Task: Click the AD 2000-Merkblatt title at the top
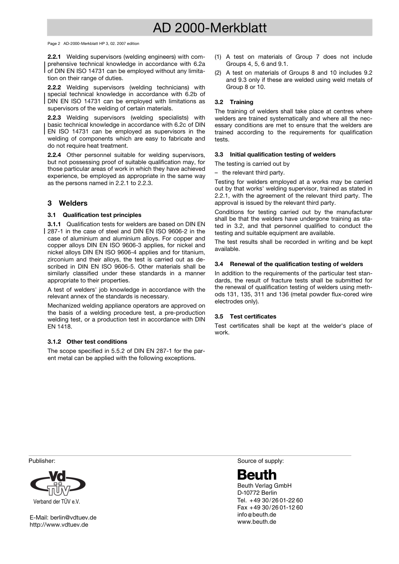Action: tap(210, 28)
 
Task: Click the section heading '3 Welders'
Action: tap(68, 203)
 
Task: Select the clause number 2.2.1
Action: tap(54, 57)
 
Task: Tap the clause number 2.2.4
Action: tap(54, 155)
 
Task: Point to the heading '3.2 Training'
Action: tap(234, 102)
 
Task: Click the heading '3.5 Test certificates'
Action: tap(245, 316)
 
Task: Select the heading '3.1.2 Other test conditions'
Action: tap(87, 342)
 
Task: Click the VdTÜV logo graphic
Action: tap(58, 483)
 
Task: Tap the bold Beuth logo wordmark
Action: tap(257, 475)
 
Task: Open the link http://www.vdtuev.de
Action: tap(59, 525)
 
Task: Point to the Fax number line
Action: tap(270, 507)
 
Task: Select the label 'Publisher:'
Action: tap(42, 461)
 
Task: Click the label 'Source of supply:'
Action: tap(260, 461)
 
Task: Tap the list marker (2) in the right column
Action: tap(218, 73)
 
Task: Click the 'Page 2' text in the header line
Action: tap(54, 44)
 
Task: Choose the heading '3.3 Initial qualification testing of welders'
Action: tap(275, 154)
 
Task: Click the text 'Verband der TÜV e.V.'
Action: tap(57, 501)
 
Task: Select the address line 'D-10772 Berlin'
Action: tap(257, 493)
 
